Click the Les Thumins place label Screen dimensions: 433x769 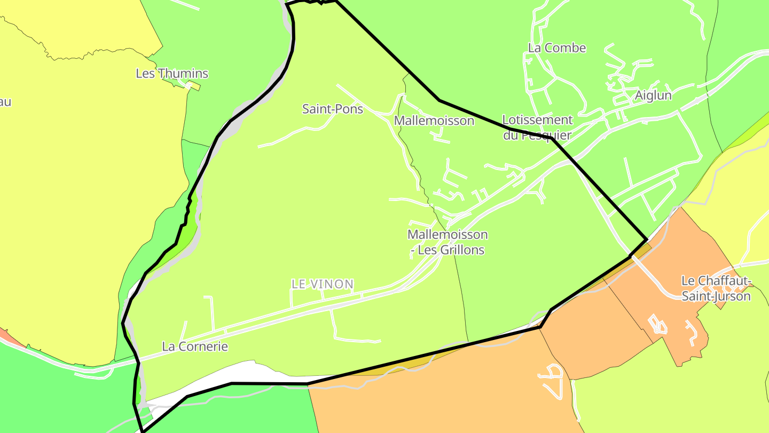171,73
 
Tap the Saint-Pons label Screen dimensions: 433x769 332,109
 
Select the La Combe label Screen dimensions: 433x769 556,48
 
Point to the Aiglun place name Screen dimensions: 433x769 653,96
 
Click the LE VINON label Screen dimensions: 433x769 322,284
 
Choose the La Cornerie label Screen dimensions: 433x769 194,346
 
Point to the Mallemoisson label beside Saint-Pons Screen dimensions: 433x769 434,121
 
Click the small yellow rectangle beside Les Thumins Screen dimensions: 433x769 194,86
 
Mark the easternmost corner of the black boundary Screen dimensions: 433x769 647,239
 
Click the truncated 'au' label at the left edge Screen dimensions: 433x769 5,102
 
